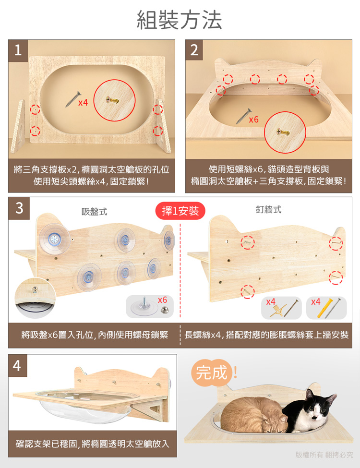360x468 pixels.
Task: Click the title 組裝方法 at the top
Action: pos(180,20)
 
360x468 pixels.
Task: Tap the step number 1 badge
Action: pos(18,50)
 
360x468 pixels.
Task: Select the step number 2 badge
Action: pos(194,50)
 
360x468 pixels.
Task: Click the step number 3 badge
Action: pos(19,208)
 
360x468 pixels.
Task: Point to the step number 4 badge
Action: pos(18,365)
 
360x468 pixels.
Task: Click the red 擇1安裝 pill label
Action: pos(180,211)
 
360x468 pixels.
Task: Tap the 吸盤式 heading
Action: pos(95,212)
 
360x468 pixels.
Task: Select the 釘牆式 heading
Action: pos(268,210)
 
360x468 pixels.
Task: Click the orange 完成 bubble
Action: pos(212,372)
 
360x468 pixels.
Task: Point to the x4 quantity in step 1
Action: pos(83,103)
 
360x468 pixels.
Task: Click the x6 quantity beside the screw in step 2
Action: pos(254,120)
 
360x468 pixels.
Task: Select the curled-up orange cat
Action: pos(254,415)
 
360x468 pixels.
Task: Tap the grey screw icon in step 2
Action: pos(244,117)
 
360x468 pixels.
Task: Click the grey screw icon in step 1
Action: pos(73,99)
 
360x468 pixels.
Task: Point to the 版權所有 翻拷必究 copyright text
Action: pos(324,455)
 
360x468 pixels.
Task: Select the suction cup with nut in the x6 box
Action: pos(144,307)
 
